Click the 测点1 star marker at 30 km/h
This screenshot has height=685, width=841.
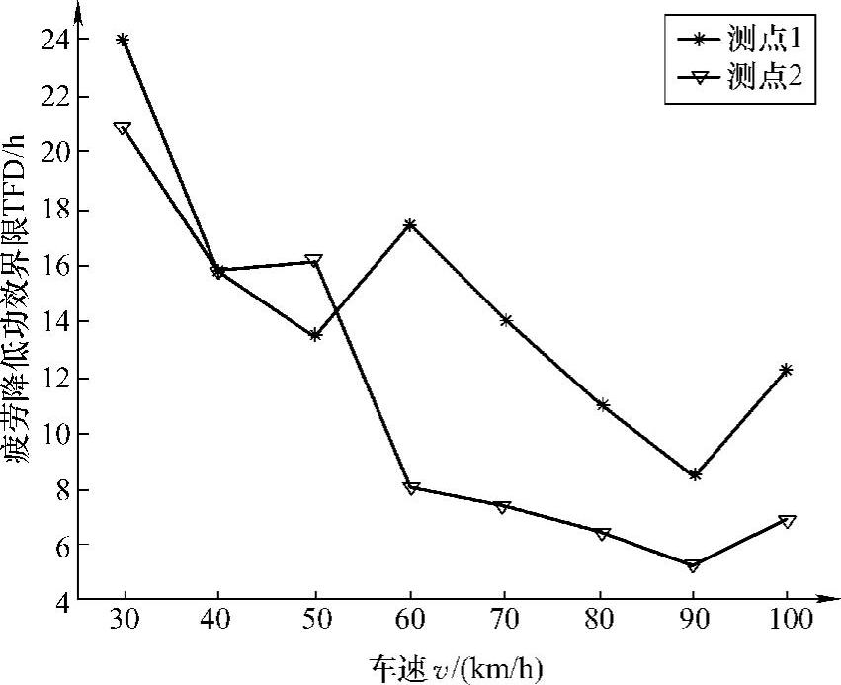click(x=123, y=40)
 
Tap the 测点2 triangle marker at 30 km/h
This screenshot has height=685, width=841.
click(x=123, y=128)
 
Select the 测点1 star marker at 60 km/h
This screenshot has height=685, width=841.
click(x=410, y=225)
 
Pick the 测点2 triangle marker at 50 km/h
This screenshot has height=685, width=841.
click(x=314, y=262)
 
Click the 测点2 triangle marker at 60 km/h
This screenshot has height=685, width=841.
click(x=410, y=488)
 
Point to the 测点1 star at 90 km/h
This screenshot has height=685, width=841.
click(x=695, y=475)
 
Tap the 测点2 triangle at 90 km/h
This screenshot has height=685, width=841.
click(x=693, y=565)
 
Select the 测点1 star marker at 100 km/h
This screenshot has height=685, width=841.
click(x=788, y=370)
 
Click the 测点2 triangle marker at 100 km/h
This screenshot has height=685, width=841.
click(x=788, y=521)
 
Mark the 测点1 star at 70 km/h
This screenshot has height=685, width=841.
click(x=506, y=320)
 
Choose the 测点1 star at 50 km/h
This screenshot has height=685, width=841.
click(x=315, y=335)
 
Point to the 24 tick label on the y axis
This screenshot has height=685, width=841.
click(x=56, y=41)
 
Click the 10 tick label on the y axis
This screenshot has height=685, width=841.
click(x=56, y=434)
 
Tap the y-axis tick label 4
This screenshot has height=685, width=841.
click(x=63, y=600)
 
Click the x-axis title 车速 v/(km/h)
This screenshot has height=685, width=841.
click(x=457, y=663)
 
